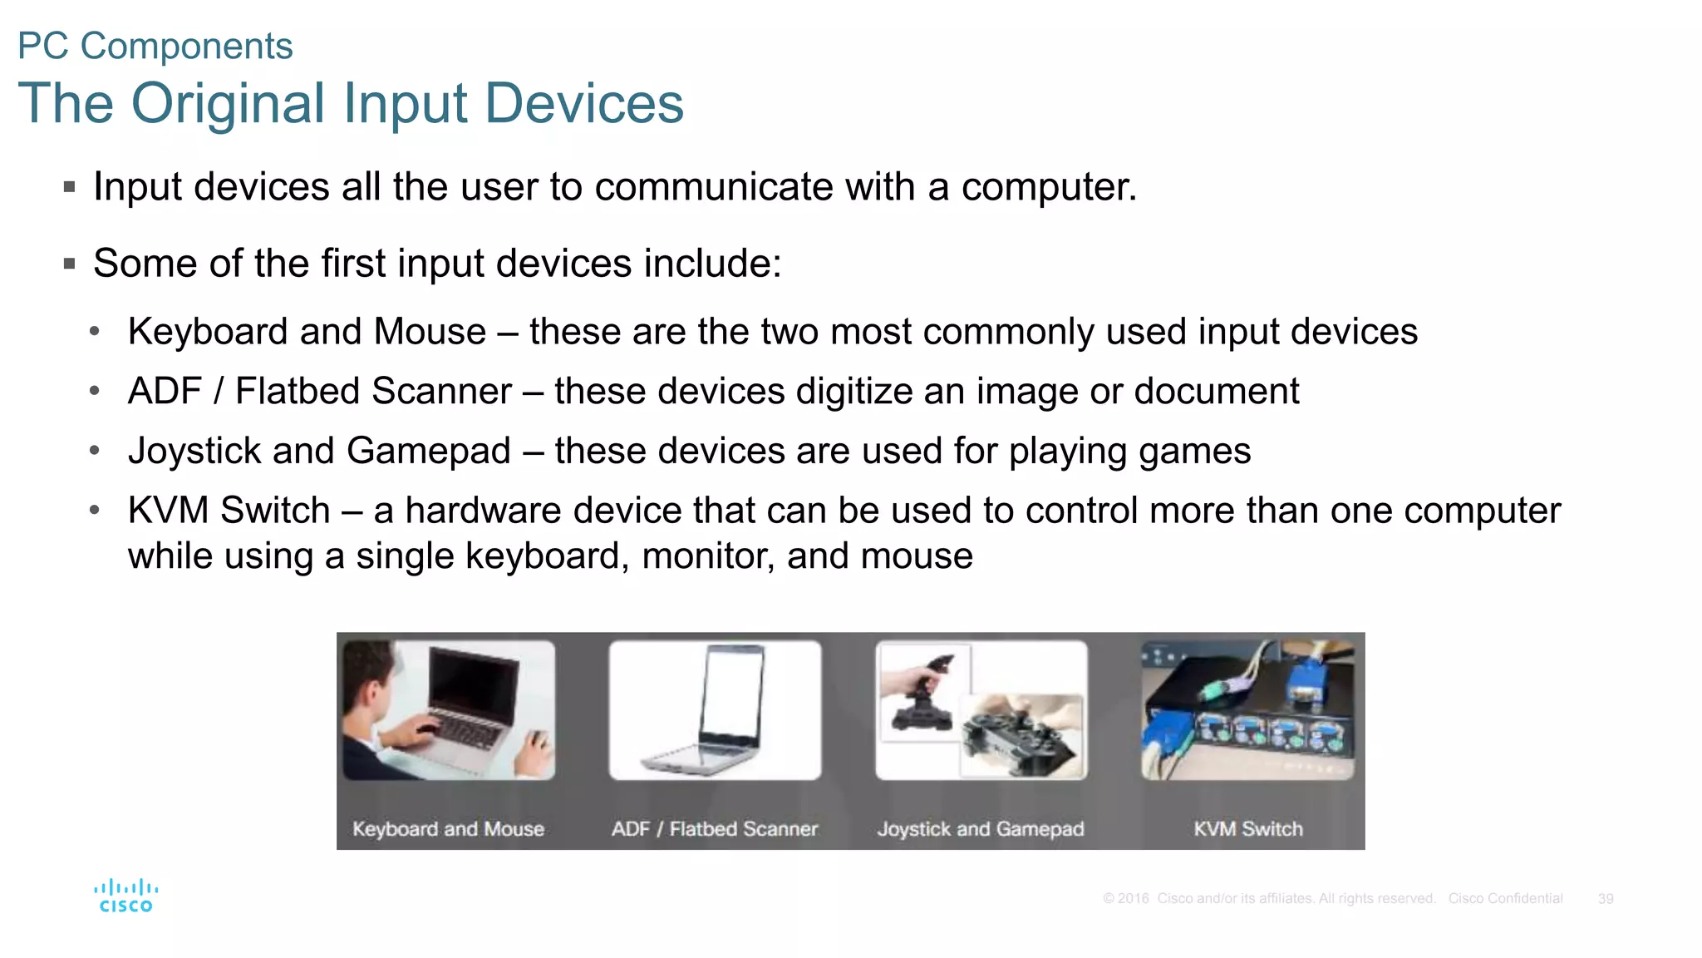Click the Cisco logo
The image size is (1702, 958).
click(x=125, y=896)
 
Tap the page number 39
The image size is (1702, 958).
click(x=1605, y=899)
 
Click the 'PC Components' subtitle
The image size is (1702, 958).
click(x=155, y=46)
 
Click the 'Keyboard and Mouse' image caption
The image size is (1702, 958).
click(x=448, y=829)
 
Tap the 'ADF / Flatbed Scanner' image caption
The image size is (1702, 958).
click(x=714, y=829)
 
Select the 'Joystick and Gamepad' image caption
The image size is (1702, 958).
click(x=981, y=829)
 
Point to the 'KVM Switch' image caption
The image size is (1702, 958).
click(x=1247, y=829)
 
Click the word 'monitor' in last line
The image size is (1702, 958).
click(x=708, y=556)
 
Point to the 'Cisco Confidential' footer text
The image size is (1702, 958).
click(x=1505, y=899)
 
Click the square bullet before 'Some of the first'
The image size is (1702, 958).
click(x=70, y=264)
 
